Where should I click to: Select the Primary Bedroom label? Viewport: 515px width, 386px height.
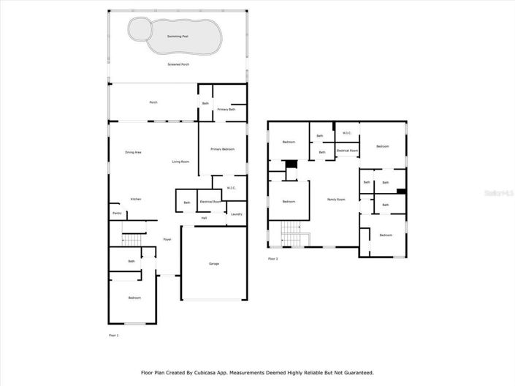[223, 149]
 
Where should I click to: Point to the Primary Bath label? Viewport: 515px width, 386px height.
[226, 109]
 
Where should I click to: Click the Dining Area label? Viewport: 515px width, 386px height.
[133, 152]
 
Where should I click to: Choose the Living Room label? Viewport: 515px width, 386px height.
[181, 161]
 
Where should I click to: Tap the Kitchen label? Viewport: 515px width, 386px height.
[136, 199]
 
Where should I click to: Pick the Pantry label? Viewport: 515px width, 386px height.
[117, 213]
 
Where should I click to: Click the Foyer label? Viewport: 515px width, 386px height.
[167, 239]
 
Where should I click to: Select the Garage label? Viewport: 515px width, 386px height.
[214, 263]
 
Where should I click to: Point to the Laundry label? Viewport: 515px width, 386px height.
[236, 213]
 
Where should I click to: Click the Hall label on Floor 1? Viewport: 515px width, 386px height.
[205, 218]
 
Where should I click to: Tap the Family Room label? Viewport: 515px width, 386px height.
[336, 199]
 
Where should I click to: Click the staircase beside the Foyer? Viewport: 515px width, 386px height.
[131, 240]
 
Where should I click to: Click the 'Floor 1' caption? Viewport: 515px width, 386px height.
[113, 335]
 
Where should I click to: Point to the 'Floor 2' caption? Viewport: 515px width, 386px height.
[272, 259]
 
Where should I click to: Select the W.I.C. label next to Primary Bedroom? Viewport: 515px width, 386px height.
[231, 188]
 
